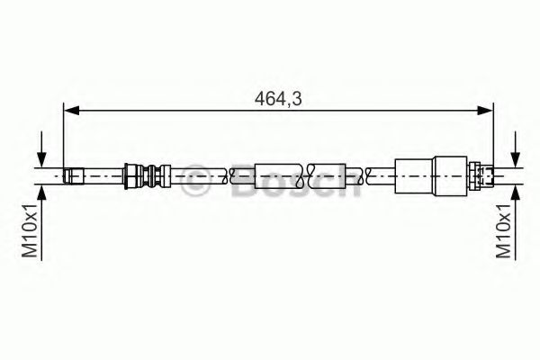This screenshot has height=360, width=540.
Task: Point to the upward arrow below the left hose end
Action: click(40, 192)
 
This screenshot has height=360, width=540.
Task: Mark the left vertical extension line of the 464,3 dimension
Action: click(61, 135)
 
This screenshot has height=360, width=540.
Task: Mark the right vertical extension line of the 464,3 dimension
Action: click(493, 135)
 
